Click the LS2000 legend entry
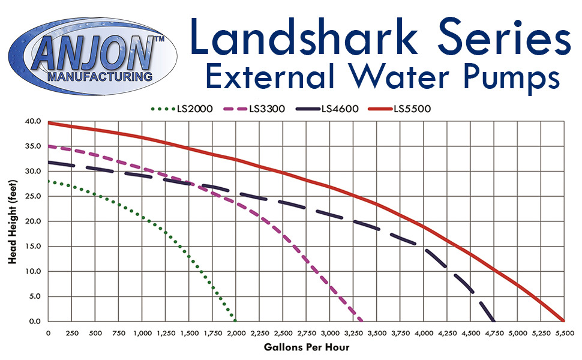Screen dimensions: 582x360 (182, 109)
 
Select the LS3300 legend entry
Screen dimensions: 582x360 (254, 109)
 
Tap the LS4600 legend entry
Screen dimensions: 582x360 (327, 109)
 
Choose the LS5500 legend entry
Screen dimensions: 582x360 (400, 109)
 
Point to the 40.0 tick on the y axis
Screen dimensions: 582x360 (33, 121)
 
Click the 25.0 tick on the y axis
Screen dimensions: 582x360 (33, 196)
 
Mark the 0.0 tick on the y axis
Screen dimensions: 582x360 (35, 322)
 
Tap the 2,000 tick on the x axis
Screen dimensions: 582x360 (236, 333)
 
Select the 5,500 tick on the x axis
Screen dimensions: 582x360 (565, 333)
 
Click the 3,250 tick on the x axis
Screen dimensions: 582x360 (354, 333)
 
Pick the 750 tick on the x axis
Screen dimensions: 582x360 (119, 333)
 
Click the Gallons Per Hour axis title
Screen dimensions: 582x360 (307, 347)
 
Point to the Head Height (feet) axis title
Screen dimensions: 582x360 (13, 222)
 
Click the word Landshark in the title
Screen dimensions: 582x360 (304, 37)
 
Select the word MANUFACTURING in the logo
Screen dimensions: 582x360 (100, 77)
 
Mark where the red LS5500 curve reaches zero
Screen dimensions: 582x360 (563, 320)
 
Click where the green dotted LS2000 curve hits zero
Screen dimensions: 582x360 (235, 320)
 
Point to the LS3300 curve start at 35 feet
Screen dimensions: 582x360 (49, 146)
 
